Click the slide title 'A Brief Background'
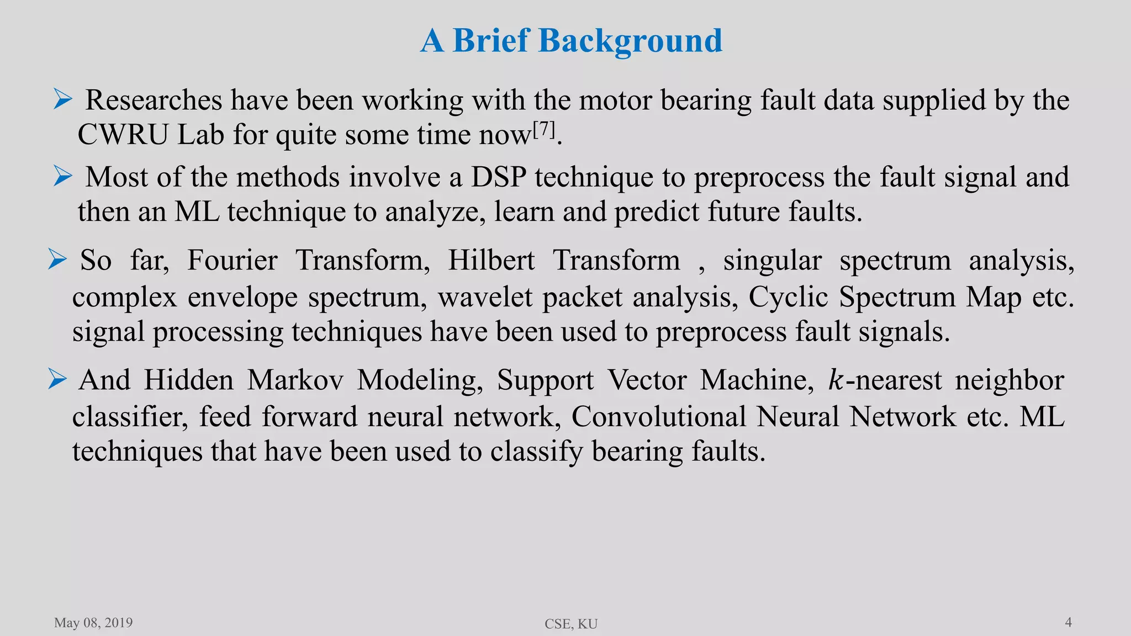[x=571, y=40]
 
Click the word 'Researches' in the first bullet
[x=154, y=100]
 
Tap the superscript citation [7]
[x=544, y=129]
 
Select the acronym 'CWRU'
[x=123, y=135]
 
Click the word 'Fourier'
[x=232, y=261]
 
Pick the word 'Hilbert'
[x=491, y=261]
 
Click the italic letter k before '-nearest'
[x=834, y=380]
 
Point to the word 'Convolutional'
[x=658, y=417]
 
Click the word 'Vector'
[x=647, y=380]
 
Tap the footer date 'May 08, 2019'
[x=93, y=623]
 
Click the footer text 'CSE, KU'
[x=571, y=624]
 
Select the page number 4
[x=1068, y=622]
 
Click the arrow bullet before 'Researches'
[x=63, y=99]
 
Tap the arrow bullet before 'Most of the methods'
[x=63, y=177]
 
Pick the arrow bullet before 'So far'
[x=57, y=259]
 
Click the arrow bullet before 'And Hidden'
[x=57, y=379]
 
